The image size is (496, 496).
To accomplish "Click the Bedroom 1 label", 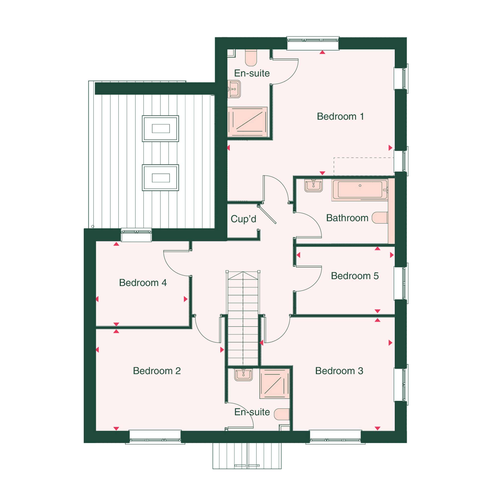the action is [x=341, y=117].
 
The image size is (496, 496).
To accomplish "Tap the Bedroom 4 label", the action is [x=143, y=283].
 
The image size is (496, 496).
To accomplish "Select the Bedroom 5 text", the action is [x=355, y=276].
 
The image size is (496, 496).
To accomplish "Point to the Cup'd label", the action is [x=243, y=219].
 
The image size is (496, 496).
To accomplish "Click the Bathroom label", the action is [x=347, y=218].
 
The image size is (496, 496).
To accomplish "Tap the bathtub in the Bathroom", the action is [x=359, y=190].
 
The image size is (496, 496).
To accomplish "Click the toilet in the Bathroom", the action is [x=380, y=217].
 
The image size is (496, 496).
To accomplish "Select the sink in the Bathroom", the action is [x=313, y=185].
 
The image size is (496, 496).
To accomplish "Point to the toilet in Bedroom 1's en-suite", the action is [x=251, y=58].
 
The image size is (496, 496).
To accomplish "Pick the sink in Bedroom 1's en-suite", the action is [x=234, y=89].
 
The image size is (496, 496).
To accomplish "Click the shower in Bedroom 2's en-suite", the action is [x=275, y=384].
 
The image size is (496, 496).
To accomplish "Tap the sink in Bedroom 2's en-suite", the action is [x=243, y=375].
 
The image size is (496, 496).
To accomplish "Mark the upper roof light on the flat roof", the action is [x=160, y=128].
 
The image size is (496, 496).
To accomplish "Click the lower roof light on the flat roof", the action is [x=160, y=178].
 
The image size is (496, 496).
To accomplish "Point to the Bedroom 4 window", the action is [x=136, y=235].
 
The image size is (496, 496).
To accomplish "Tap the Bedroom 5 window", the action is [x=401, y=283].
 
